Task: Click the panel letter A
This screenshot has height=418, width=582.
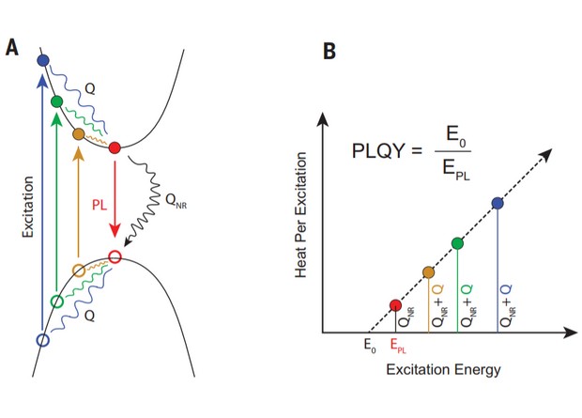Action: point(13,47)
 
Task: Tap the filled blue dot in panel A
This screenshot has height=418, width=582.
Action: point(41,61)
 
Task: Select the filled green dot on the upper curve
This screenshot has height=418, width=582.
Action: point(56,101)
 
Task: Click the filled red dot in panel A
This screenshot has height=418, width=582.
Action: point(115,147)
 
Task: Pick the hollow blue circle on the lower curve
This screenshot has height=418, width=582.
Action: point(41,339)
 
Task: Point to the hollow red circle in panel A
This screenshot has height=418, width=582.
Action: point(115,255)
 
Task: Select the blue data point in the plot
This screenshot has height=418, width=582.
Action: point(498,204)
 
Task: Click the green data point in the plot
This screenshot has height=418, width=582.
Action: point(458,243)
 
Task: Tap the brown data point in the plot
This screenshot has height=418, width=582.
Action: point(429,272)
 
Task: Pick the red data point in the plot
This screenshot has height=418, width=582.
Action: point(396,305)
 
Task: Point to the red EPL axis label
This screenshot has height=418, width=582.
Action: point(400,347)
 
